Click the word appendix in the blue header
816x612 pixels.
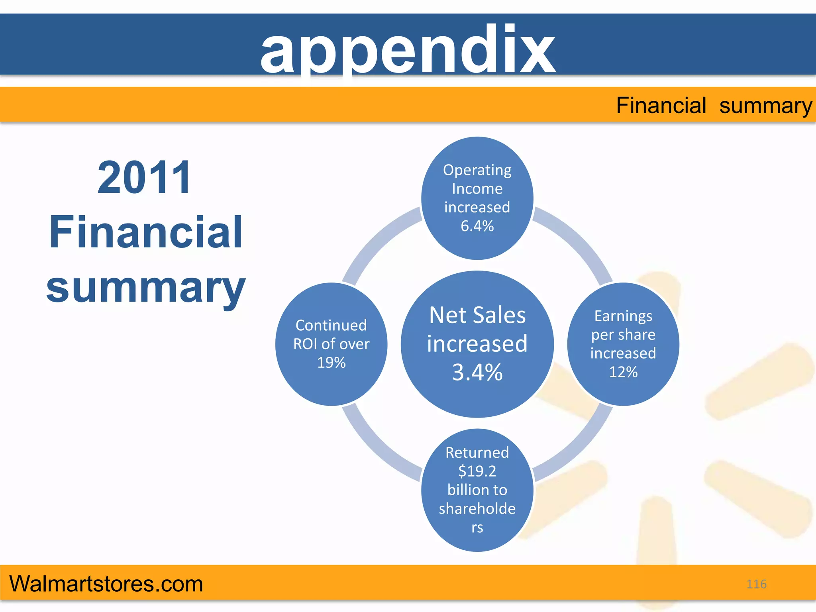[x=408, y=50]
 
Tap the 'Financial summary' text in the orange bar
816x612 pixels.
[x=714, y=106]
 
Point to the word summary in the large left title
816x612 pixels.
[x=146, y=288]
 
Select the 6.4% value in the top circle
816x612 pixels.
[x=477, y=226]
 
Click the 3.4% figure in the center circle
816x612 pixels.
[x=477, y=372]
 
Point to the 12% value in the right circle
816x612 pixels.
[x=623, y=372]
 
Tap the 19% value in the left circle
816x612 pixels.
[x=331, y=363]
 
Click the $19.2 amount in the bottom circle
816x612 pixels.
[x=477, y=471]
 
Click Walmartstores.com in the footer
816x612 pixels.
[x=106, y=584]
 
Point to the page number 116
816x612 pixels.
[x=756, y=584]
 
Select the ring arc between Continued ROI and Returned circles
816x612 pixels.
[x=377, y=446]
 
